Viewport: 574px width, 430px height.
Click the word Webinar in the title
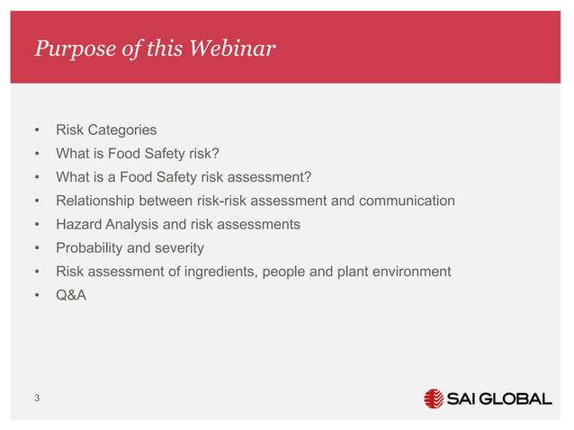(230, 48)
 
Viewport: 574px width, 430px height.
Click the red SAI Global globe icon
(434, 399)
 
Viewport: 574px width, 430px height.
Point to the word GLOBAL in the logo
(515, 399)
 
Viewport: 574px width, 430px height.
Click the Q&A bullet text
(71, 294)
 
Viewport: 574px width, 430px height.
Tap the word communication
(407, 201)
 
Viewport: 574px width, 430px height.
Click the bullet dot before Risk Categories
(37, 130)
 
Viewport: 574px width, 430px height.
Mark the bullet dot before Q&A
(37, 294)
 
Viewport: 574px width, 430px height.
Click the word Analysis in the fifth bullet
(134, 224)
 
